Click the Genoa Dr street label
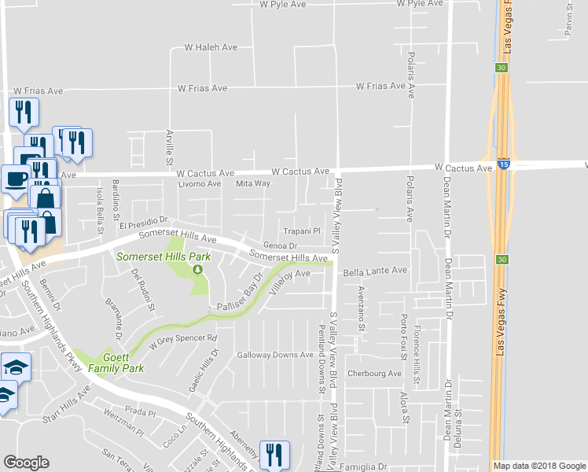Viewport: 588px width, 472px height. point(278,246)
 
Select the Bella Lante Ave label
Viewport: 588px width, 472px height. point(376,270)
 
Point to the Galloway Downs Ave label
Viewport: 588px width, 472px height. point(275,355)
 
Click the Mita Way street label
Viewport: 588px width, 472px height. point(253,183)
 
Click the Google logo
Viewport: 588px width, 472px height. point(26,463)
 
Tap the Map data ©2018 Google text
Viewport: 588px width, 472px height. point(538,466)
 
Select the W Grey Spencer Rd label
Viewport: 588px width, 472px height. point(182,341)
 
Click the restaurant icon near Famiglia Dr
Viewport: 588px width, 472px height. point(274,455)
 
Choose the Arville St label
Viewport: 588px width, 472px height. point(168,148)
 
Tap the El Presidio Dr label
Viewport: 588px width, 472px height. point(145,224)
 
